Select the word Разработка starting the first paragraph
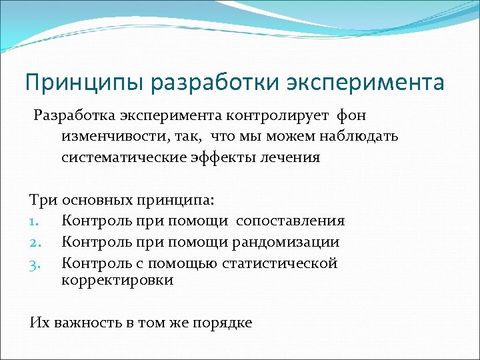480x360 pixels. pos(75,116)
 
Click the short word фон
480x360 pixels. pos(352,116)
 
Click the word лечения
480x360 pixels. pos(291,158)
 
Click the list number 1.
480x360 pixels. pos(35,221)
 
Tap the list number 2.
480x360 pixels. pos(35,242)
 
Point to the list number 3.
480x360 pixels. pos(35,263)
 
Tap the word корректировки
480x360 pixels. pos(117,280)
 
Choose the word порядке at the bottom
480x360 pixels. pos(222,323)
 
